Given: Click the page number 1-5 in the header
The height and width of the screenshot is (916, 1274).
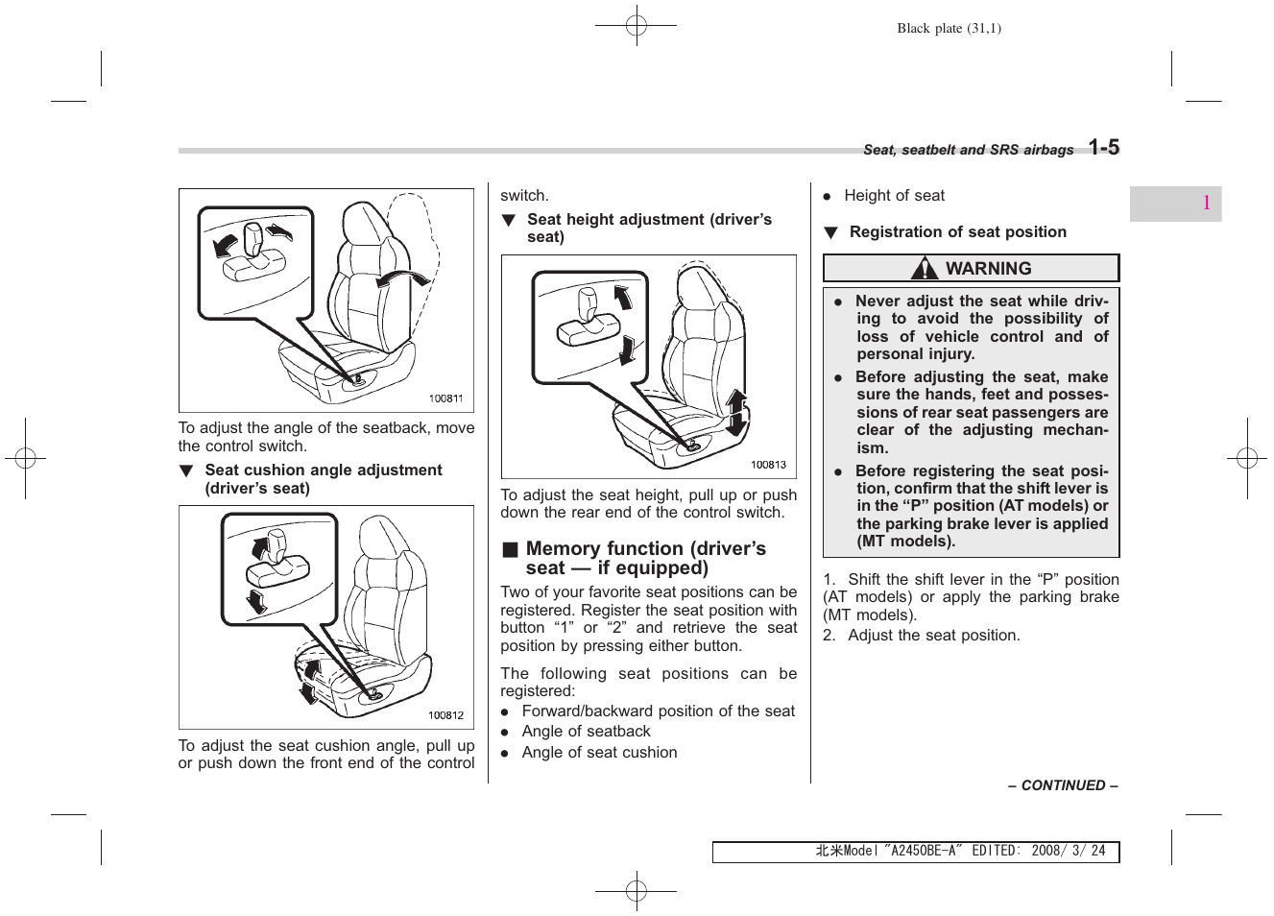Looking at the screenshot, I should (x=1104, y=148).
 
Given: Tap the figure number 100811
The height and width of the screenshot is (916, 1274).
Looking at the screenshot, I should (x=445, y=398).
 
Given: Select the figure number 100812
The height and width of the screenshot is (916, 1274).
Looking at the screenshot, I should (x=445, y=715).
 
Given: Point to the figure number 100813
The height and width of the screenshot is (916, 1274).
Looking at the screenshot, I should (x=768, y=465).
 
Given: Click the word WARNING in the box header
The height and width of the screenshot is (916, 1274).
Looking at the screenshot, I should (x=988, y=269).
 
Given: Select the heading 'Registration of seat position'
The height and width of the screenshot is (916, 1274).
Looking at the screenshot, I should (x=957, y=232).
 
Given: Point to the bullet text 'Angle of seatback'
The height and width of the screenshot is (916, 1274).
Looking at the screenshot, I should (x=586, y=732).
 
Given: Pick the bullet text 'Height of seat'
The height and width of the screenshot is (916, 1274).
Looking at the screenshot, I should (x=894, y=196).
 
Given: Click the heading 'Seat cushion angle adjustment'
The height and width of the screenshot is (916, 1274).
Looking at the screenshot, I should (x=323, y=470).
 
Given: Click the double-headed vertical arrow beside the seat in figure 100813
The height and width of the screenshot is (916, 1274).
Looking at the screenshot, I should (x=737, y=414).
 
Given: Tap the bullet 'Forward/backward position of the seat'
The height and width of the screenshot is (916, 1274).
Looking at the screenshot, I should (x=658, y=711).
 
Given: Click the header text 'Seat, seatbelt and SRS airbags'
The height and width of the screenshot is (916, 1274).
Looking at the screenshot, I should (x=968, y=151).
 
